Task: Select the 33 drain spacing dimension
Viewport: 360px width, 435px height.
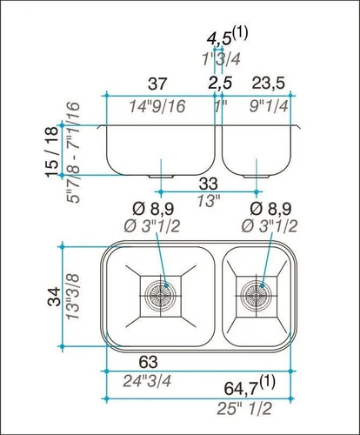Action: (208, 184)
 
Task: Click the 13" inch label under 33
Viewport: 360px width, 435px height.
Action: (208, 200)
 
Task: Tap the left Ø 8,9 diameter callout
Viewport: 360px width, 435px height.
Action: (158, 210)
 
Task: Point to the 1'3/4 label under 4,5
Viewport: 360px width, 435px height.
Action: (221, 59)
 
